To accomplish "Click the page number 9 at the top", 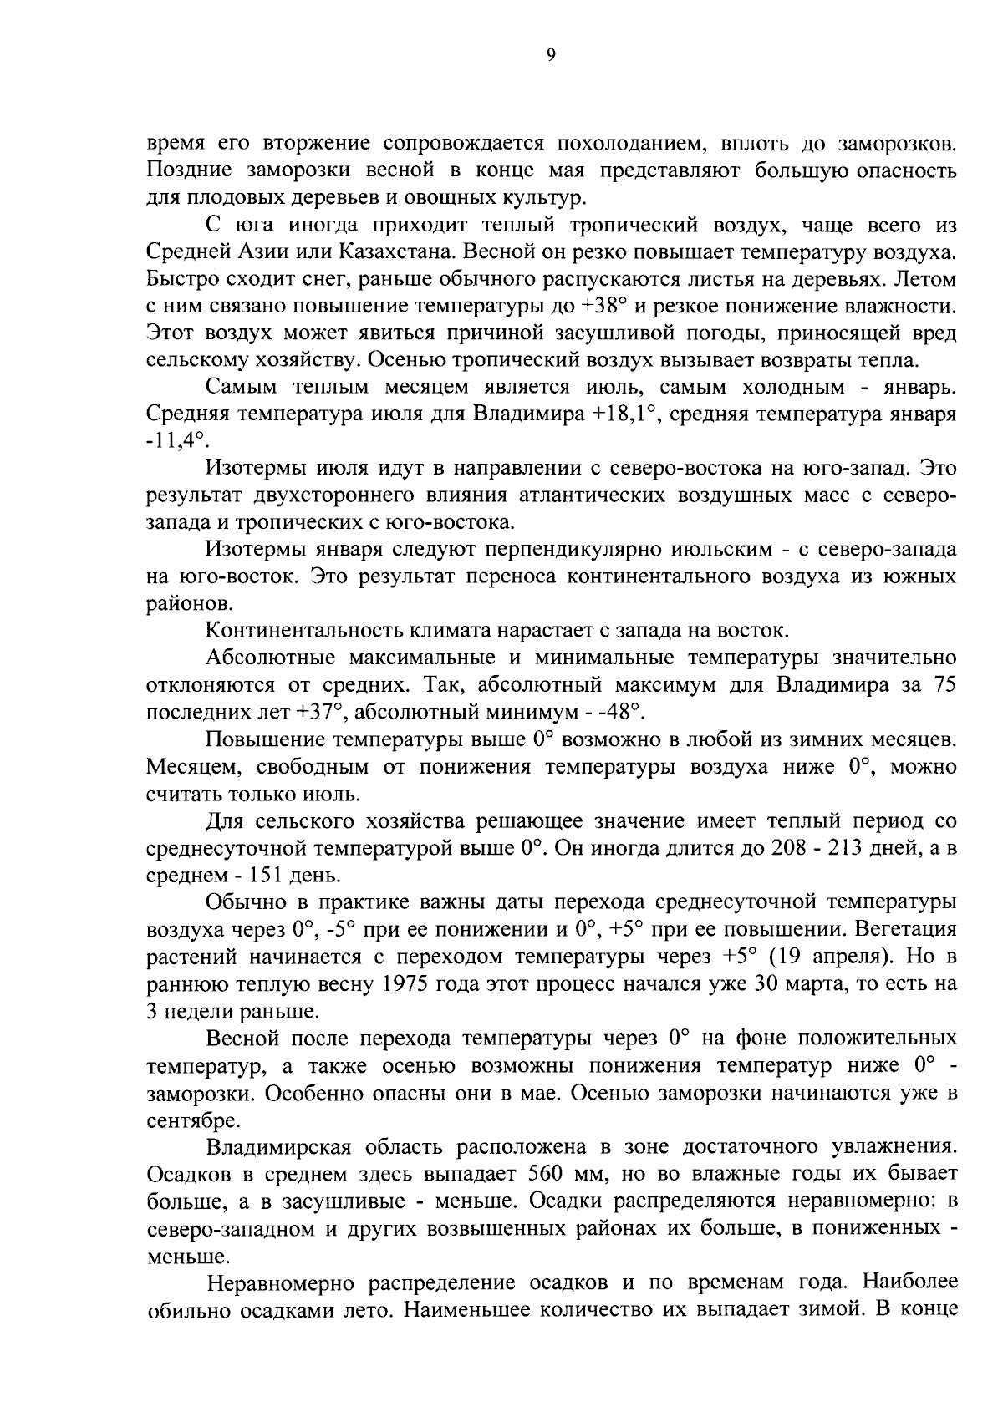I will (x=549, y=55).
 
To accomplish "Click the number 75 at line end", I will (x=942, y=687).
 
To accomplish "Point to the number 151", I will (x=246, y=876).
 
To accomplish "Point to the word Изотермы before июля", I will (x=257, y=470).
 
